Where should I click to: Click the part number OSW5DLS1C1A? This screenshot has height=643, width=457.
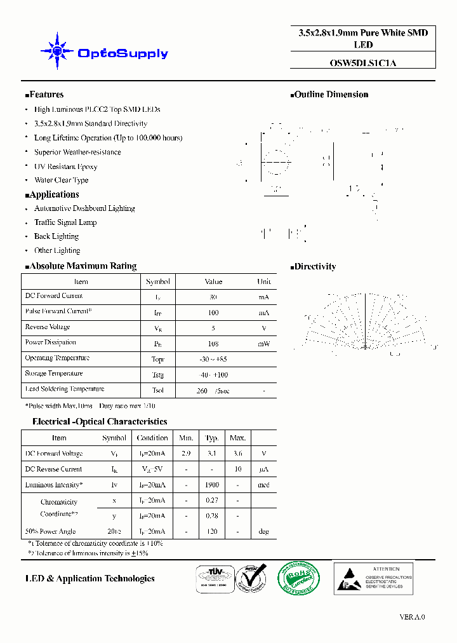[362, 63]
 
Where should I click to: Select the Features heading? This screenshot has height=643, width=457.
[46, 95]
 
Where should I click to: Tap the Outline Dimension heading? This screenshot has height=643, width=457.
[331, 95]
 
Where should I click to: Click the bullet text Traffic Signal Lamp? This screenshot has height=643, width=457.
[65, 222]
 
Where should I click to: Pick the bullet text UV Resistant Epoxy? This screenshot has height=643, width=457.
[65, 166]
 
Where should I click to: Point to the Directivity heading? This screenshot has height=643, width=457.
[315, 267]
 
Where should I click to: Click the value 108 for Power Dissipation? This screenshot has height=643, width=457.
[213, 344]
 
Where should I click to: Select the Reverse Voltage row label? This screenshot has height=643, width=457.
[48, 327]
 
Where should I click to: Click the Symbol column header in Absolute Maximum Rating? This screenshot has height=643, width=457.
[157, 281]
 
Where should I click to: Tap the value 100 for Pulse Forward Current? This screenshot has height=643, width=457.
[213, 313]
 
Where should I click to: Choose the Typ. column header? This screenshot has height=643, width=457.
[212, 438]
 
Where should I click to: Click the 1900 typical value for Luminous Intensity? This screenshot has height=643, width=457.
[212, 485]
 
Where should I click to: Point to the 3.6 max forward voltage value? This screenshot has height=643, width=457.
[237, 454]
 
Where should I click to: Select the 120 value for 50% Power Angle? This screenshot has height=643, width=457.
[212, 531]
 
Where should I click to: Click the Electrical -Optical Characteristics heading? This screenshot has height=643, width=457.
[100, 422]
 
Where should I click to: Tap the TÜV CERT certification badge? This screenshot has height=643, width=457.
[213, 578]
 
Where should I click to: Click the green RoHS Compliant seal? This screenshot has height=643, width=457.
[298, 578]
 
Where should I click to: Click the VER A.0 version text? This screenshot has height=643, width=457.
[412, 617]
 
